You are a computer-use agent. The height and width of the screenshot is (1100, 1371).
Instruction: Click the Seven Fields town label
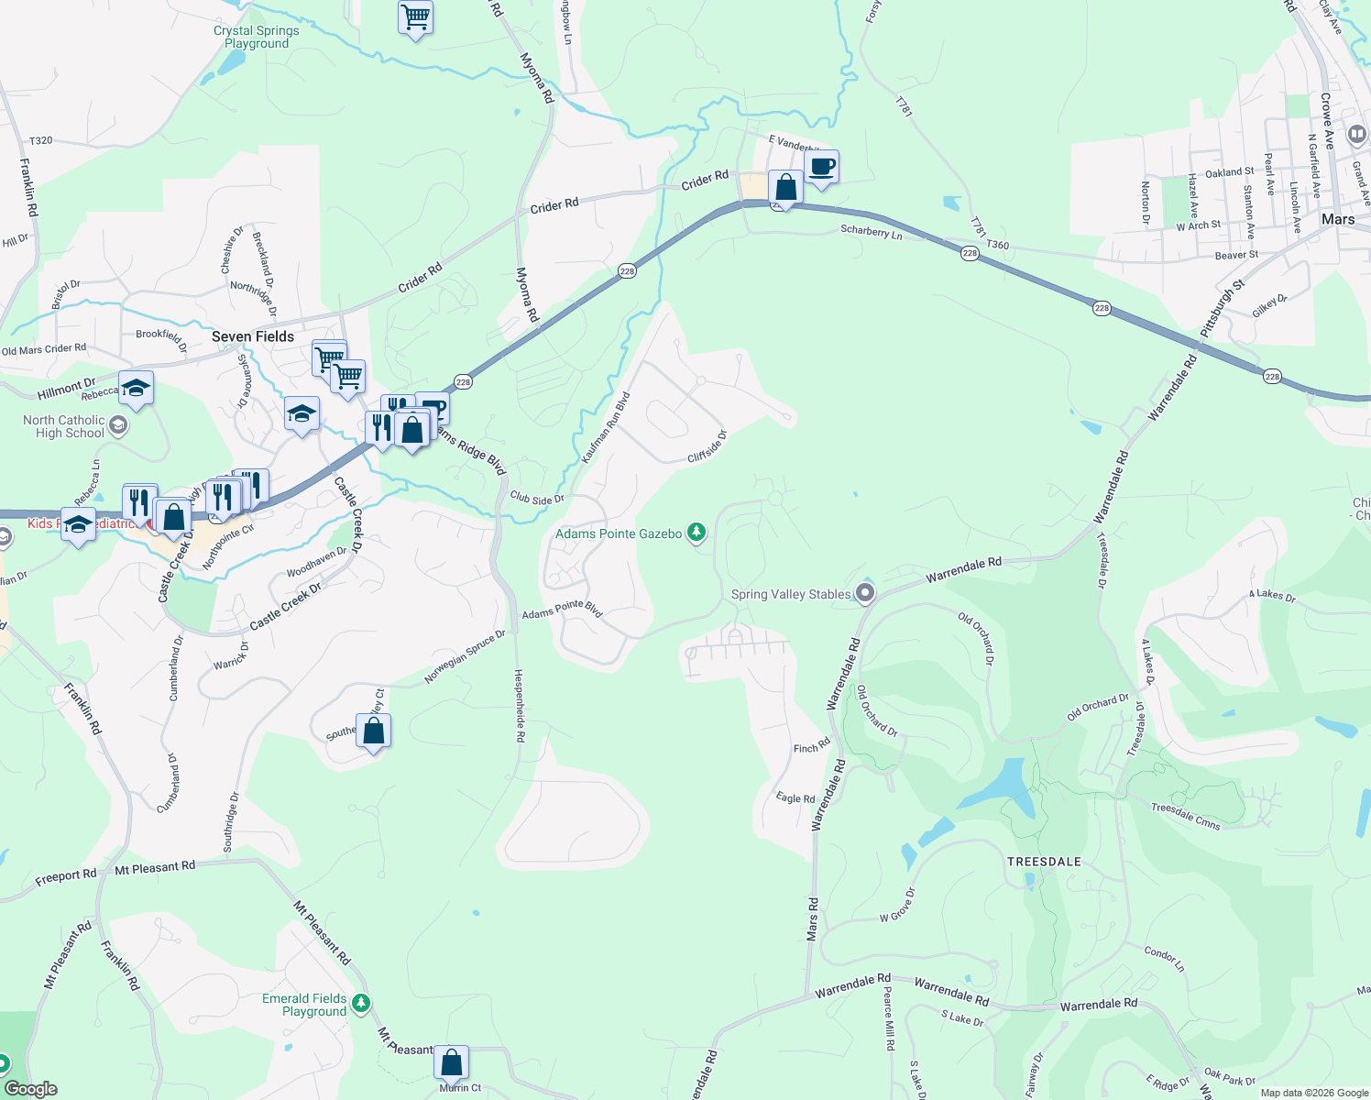253,336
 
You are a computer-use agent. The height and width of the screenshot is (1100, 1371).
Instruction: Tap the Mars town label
1337,219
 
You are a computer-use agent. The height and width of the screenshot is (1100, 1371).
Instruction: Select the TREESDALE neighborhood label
1044,862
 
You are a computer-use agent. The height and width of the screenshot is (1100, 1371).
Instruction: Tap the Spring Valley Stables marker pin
864,594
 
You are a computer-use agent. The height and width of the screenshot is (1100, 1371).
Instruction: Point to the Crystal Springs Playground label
257,37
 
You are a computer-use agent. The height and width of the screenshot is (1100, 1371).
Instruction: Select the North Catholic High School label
64,426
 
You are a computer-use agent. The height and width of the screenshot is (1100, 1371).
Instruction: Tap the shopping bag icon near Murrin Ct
451,1062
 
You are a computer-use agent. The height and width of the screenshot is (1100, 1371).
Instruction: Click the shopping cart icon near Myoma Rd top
415,16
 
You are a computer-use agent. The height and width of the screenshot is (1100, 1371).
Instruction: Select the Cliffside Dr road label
707,446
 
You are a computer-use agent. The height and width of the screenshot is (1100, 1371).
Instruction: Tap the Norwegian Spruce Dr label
465,656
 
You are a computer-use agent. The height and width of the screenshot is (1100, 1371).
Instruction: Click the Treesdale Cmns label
1186,816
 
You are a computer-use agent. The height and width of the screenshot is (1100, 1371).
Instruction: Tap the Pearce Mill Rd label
888,1017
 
